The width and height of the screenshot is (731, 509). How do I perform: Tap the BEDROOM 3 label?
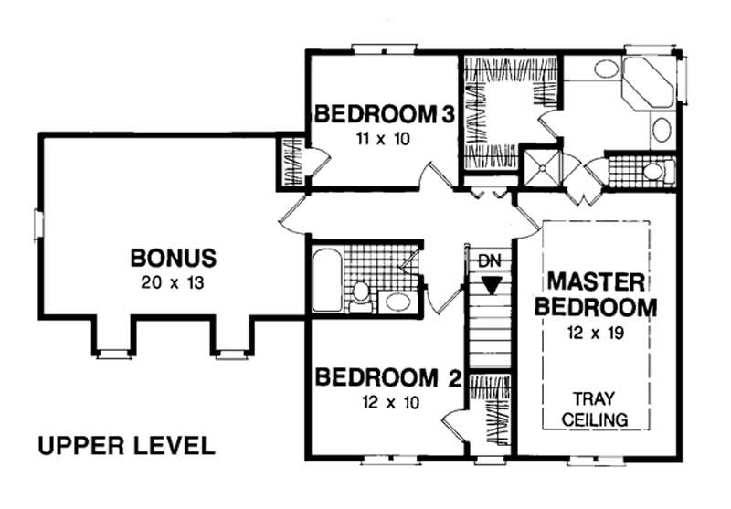tap(384, 115)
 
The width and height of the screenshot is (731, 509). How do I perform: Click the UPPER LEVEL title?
tap(126, 446)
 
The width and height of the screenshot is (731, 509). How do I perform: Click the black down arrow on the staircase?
tap(492, 286)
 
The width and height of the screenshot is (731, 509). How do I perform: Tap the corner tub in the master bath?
tap(649, 84)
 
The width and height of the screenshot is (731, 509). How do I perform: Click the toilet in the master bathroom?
tap(652, 171)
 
